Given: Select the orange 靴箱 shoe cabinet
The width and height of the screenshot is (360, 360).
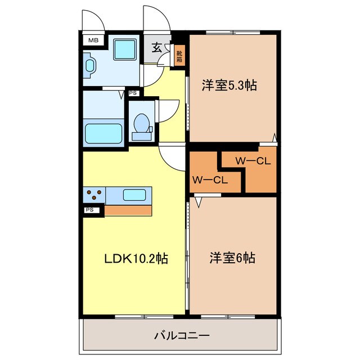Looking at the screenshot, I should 179,56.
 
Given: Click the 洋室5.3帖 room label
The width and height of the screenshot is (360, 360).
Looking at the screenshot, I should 229,86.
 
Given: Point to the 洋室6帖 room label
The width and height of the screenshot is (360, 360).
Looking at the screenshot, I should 232,258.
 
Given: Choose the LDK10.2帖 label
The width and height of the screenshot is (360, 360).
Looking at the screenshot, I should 136,259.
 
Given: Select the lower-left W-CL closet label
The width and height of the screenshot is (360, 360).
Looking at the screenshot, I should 209,180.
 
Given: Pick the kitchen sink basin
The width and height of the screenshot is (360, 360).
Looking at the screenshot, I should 135,195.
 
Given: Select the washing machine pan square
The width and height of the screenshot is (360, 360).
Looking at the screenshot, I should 124,49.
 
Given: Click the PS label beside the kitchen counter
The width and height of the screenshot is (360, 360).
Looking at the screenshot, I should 90,210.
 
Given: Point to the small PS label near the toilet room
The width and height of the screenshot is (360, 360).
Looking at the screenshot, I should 133,93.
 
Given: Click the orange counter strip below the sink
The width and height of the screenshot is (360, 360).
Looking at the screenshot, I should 128,210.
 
